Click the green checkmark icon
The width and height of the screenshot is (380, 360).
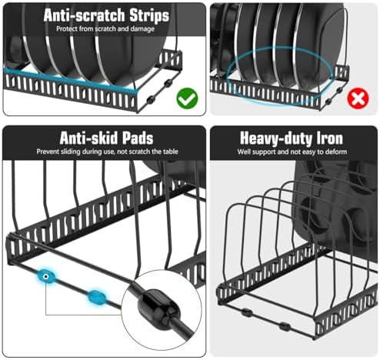click(x=187, y=98)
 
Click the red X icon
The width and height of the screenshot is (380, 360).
click(x=358, y=98)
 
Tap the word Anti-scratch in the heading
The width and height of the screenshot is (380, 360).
click(x=85, y=15)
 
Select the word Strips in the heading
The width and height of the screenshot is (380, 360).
click(x=149, y=15)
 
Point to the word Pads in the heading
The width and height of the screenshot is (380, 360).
click(x=138, y=138)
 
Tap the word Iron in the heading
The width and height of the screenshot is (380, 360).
click(x=330, y=138)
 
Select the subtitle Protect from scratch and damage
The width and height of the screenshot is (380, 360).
click(x=105, y=28)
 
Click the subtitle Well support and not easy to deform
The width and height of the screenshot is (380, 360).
click(x=292, y=152)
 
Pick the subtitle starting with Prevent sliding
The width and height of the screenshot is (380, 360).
click(x=107, y=152)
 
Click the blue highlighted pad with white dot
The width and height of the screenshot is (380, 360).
click(x=45, y=277)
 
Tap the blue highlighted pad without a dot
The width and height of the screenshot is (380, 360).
click(x=96, y=298)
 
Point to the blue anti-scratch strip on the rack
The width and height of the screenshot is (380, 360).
click(x=72, y=78)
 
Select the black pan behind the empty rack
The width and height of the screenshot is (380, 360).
click(x=333, y=205)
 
